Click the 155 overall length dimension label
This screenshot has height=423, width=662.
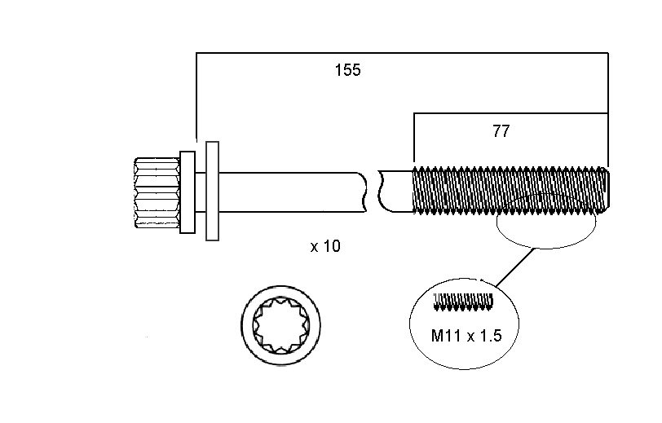[x=347, y=70]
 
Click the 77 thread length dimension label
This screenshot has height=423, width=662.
[x=501, y=130]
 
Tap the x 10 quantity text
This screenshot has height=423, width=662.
[x=325, y=246]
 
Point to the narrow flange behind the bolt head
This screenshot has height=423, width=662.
[x=188, y=192]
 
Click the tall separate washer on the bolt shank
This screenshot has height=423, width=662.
[x=213, y=192]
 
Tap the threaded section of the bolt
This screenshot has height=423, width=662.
[x=510, y=192]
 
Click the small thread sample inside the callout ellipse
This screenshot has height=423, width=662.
[x=465, y=302]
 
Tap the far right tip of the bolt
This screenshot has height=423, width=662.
[x=606, y=191]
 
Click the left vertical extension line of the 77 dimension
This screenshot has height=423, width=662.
[x=414, y=139]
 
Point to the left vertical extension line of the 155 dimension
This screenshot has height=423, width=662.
[x=196, y=98]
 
